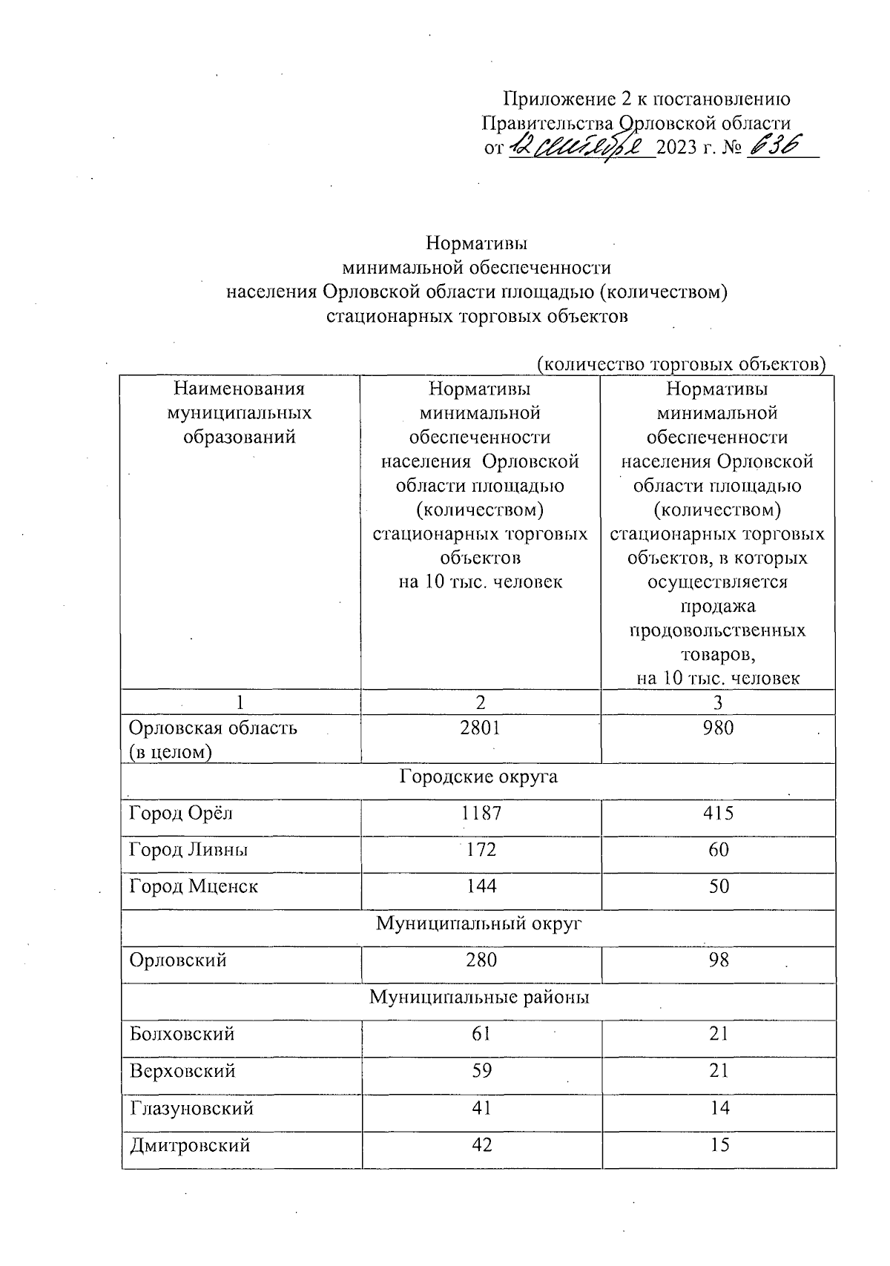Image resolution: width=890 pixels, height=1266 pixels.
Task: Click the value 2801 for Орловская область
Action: pyautogui.click(x=480, y=728)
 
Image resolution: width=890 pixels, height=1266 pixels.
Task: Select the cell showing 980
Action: pyautogui.click(x=718, y=728)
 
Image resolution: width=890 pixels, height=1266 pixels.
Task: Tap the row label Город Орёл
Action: pyautogui.click(x=181, y=813)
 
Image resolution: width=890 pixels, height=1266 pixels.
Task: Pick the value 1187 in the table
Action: pyautogui.click(x=481, y=813)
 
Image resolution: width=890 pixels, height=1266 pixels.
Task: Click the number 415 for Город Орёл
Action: pyautogui.click(x=718, y=813)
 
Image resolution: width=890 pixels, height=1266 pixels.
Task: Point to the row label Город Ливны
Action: pyautogui.click(x=188, y=849)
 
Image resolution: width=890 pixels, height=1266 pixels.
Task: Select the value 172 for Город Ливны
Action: pyautogui.click(x=481, y=849)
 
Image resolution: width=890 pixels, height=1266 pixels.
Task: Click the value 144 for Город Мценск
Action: pyautogui.click(x=481, y=886)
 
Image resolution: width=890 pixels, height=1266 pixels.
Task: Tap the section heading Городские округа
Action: pyautogui.click(x=478, y=777)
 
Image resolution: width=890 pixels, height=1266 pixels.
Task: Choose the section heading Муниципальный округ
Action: pyautogui.click(x=478, y=923)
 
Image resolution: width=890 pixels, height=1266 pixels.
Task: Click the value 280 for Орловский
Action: pyautogui.click(x=481, y=960)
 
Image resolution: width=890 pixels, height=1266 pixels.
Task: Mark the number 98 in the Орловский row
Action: pyautogui.click(x=718, y=960)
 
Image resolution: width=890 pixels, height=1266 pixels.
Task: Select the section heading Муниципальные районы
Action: pyautogui.click(x=479, y=997)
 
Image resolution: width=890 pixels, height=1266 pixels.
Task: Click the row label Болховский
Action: pyautogui.click(x=182, y=1034)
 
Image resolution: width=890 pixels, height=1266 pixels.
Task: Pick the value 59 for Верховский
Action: pyautogui.click(x=481, y=1070)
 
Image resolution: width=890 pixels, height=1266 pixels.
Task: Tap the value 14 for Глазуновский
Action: pyautogui.click(x=718, y=1107)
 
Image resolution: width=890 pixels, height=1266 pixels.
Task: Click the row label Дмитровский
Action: pyautogui.click(x=190, y=1144)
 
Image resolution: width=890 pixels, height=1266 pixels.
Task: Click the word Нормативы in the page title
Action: pyautogui.click(x=477, y=243)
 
